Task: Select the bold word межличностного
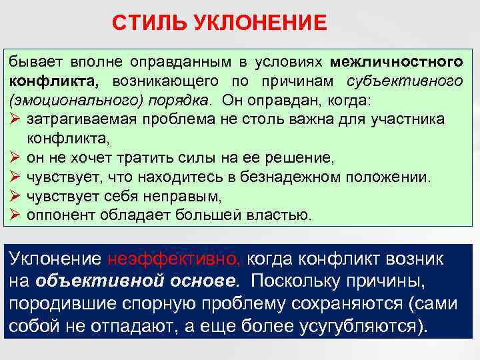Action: (396, 62)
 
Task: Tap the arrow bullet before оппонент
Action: (16, 215)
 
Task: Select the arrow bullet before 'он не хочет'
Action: (16, 159)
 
